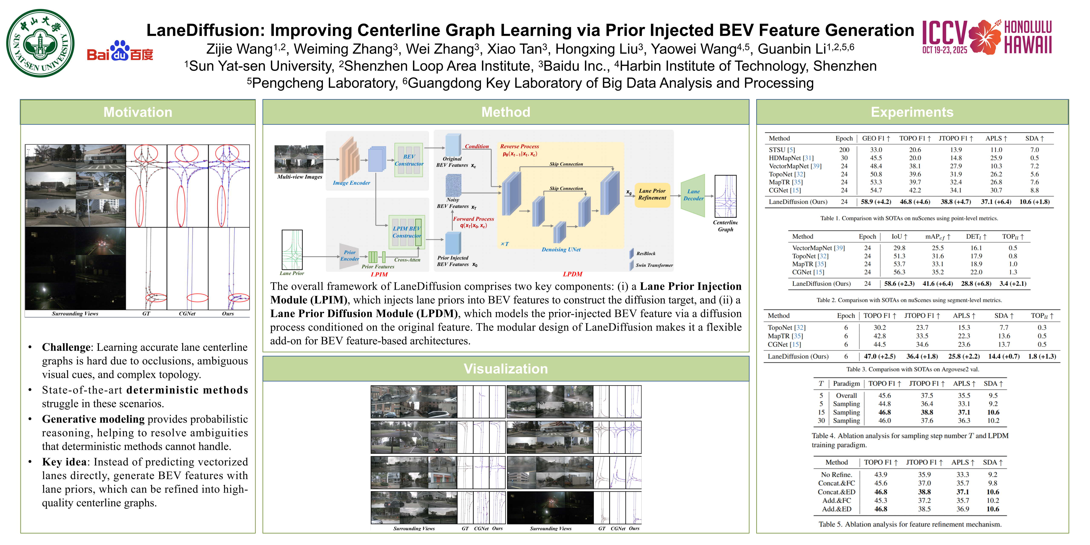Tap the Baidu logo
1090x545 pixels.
point(120,51)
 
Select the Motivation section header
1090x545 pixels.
point(138,112)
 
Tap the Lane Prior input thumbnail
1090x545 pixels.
point(292,250)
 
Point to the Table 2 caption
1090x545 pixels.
point(909,300)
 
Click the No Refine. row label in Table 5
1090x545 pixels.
point(836,475)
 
